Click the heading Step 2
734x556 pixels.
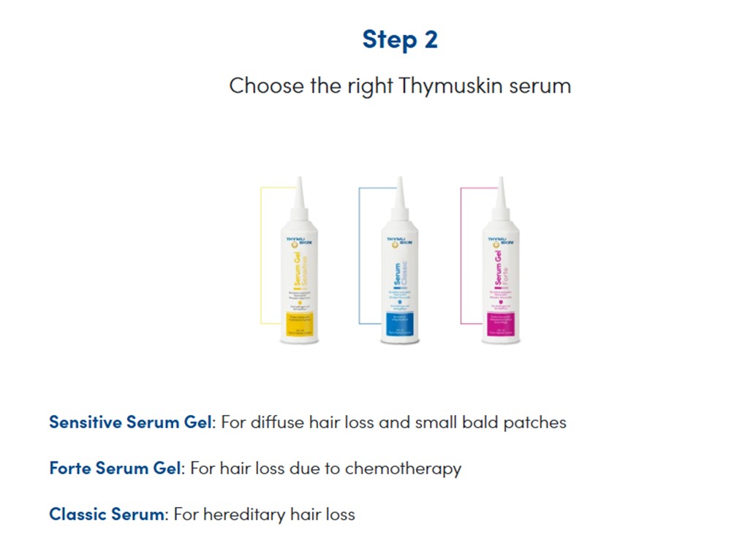click(x=400, y=39)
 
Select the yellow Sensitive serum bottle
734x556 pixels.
click(x=298, y=270)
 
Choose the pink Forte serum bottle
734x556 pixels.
click(x=502, y=270)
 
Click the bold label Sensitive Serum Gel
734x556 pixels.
click(x=130, y=422)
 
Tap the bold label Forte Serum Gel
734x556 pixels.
click(x=114, y=468)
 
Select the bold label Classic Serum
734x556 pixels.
click(x=107, y=514)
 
